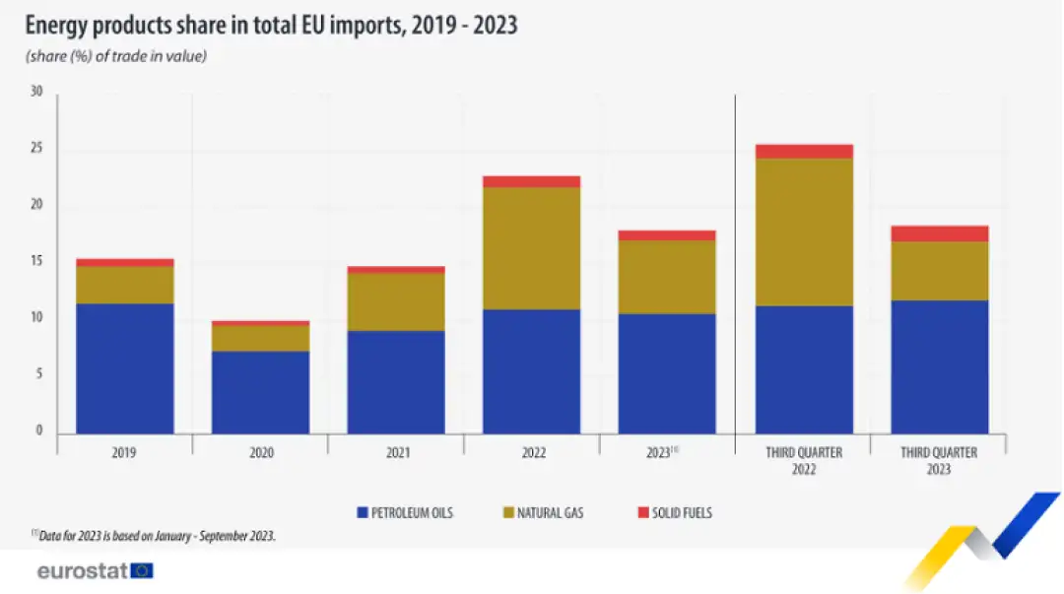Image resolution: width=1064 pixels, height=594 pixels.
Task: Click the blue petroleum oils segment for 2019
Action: pos(124,368)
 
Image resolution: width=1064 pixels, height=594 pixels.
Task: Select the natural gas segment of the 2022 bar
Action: pos(531,248)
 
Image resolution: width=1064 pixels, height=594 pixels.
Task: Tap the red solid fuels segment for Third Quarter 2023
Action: pos(939,233)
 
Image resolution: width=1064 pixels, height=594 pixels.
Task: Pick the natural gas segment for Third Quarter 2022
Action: pos(803,232)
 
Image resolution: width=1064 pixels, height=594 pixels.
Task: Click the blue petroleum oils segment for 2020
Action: pos(260,392)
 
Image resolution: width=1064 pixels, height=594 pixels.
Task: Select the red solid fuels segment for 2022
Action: pos(531,181)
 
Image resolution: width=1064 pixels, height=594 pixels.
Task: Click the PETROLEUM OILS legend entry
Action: pos(404,513)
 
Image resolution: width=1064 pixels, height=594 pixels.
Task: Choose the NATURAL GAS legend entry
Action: pos(542,513)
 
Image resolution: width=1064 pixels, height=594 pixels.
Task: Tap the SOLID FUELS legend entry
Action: pos(675,513)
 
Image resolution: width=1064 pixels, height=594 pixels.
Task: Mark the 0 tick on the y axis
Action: pos(39,431)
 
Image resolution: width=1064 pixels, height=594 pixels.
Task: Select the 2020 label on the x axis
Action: pos(260,453)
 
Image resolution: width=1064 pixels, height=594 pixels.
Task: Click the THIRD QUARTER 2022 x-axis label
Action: pos(803,461)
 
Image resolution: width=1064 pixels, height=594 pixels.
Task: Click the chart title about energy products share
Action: pos(271,26)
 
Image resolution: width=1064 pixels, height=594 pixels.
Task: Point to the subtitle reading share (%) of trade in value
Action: pos(115,56)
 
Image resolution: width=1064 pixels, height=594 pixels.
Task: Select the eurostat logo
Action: pos(95,570)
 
